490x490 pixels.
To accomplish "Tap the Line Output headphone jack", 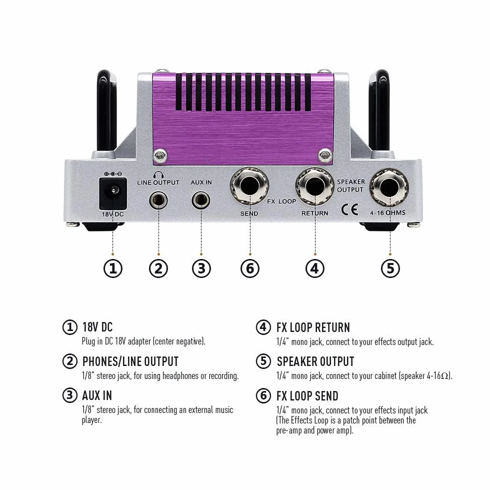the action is (158, 200).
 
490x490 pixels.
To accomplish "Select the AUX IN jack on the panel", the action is (201, 200).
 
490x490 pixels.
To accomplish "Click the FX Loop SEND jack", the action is (249, 186).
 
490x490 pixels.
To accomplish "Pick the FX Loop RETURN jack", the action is (314, 186).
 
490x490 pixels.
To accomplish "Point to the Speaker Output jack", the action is (389, 188).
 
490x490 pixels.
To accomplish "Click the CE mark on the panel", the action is (349, 209).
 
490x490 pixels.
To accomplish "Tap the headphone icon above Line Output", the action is (158, 174).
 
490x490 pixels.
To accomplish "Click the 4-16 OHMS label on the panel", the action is (387, 213).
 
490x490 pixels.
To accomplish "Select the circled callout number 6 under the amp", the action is (250, 268).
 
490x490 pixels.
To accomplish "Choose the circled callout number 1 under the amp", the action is (113, 268).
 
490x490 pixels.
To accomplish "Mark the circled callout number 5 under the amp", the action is (390, 268).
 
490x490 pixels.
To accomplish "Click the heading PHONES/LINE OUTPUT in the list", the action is (130, 361).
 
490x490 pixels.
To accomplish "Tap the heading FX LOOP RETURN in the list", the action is (313, 327).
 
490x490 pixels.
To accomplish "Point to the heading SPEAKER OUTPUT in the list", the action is (315, 361).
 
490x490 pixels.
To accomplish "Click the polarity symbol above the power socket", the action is (113, 174).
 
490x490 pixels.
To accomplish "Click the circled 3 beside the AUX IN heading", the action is (69, 395).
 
